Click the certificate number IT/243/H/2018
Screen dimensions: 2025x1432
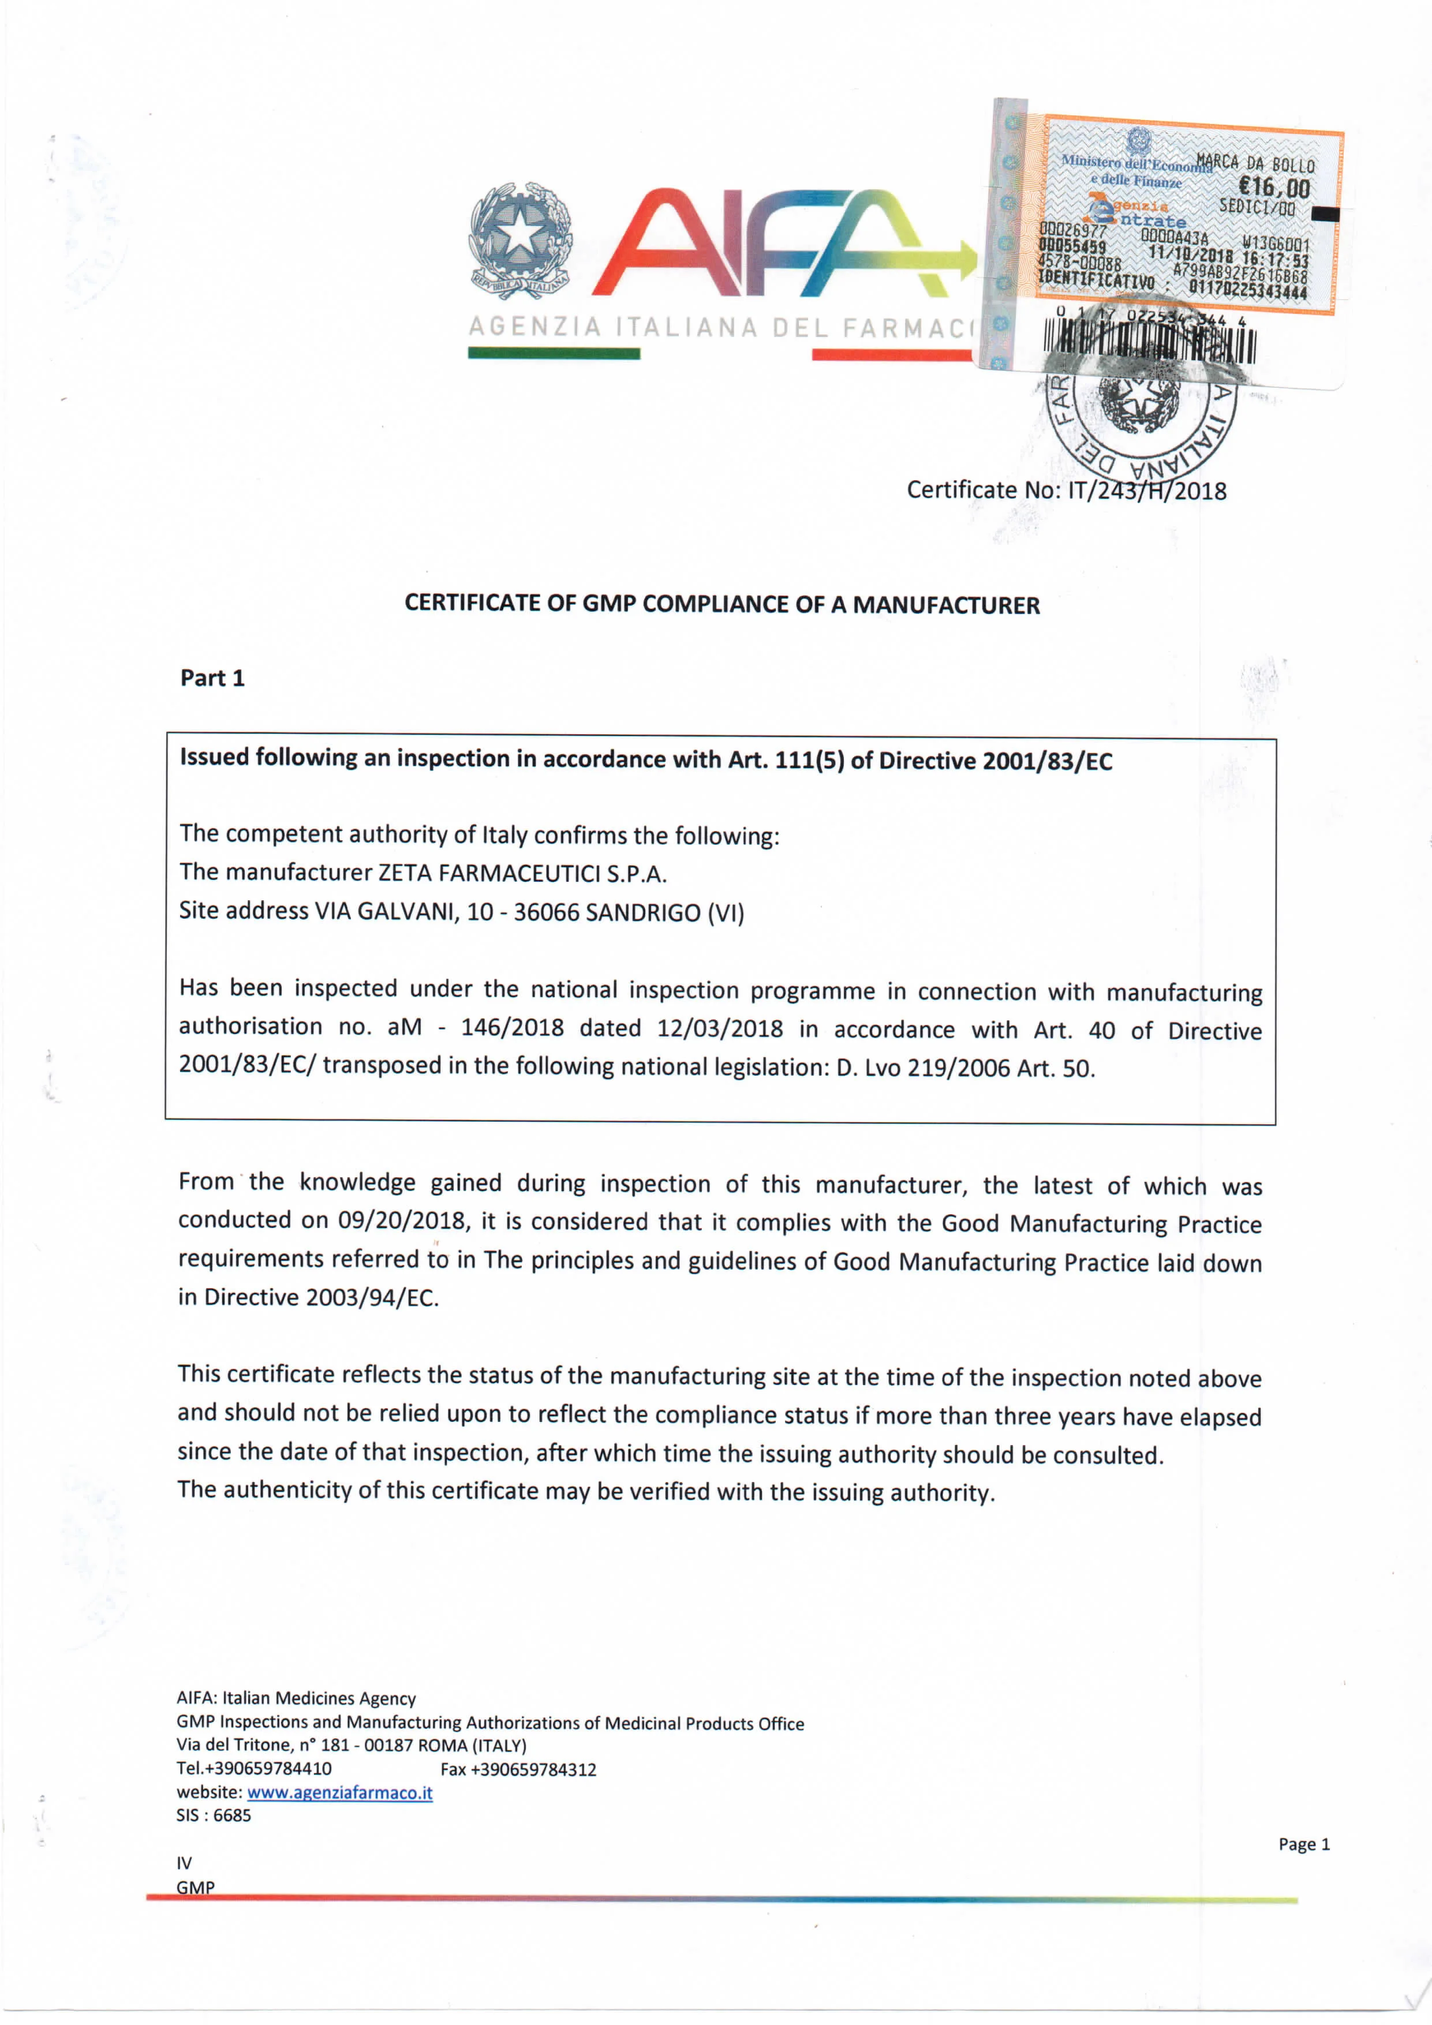[1146, 491]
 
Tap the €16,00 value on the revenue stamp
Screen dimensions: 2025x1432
[1274, 187]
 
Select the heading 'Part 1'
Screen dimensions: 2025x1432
[212, 678]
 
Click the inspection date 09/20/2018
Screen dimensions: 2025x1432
[402, 1221]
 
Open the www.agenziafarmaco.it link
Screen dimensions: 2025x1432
[340, 1792]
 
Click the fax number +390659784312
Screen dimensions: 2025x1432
[534, 1769]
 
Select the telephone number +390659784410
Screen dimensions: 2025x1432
[268, 1768]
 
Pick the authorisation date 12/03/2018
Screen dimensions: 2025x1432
[719, 1028]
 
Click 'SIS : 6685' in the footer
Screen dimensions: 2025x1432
[214, 1815]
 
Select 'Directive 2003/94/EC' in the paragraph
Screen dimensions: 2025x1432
[320, 1297]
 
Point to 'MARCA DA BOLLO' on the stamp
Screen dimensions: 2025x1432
[1255, 163]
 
